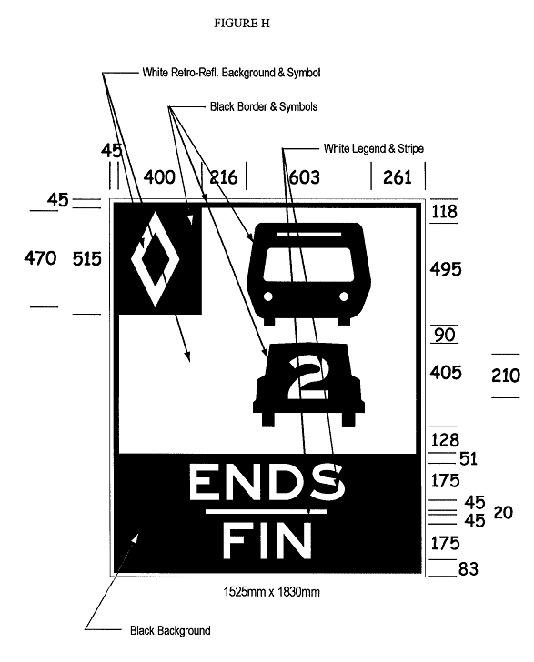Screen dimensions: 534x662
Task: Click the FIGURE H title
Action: (242, 24)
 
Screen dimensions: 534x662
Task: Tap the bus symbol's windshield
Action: (308, 264)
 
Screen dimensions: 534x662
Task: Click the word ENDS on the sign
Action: (267, 482)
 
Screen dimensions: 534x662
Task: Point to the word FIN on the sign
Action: (267, 540)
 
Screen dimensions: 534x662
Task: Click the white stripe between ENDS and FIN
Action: (267, 511)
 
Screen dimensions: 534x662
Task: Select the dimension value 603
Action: (304, 177)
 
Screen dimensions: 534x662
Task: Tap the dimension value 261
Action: (398, 177)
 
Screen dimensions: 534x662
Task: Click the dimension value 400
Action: (159, 177)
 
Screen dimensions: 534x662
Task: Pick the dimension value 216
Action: (224, 177)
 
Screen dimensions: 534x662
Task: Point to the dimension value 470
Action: (40, 258)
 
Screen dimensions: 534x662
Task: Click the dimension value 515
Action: (87, 259)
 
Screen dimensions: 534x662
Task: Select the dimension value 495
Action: (446, 269)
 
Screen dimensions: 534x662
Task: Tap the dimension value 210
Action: (506, 376)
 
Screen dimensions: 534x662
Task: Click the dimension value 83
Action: (469, 569)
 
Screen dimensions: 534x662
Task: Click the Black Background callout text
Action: (170, 631)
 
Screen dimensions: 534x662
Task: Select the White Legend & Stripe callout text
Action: (374, 148)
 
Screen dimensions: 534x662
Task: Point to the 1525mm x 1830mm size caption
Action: (271, 592)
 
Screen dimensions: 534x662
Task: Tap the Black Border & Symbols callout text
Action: (264, 106)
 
